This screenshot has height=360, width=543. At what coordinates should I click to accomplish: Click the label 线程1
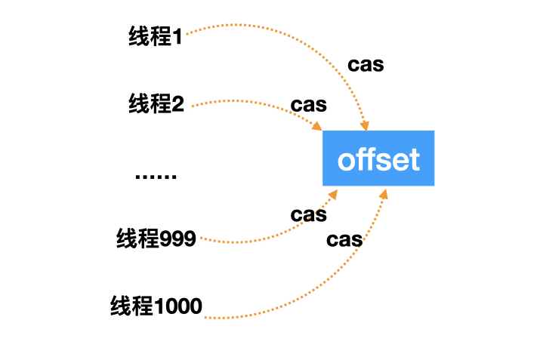156,37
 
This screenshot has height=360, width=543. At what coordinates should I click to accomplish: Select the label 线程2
156,104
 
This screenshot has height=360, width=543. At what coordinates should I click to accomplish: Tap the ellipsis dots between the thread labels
156,177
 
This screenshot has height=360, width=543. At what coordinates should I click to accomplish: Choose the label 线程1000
156,306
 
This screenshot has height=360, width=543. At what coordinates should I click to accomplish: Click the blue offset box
378,158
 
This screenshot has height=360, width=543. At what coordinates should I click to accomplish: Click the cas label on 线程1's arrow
366,65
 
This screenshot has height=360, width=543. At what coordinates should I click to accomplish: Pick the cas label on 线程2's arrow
308,105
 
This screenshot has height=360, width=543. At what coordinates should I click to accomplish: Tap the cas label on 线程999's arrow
308,215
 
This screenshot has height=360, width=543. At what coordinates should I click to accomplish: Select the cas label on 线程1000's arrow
344,241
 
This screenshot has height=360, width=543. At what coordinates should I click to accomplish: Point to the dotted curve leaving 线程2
249,100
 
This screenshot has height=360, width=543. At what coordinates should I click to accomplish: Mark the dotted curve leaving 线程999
257,240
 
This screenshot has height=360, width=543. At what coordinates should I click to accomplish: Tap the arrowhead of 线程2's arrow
319,126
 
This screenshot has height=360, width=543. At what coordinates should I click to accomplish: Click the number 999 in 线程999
178,239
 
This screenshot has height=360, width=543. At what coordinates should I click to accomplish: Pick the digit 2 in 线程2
178,104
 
